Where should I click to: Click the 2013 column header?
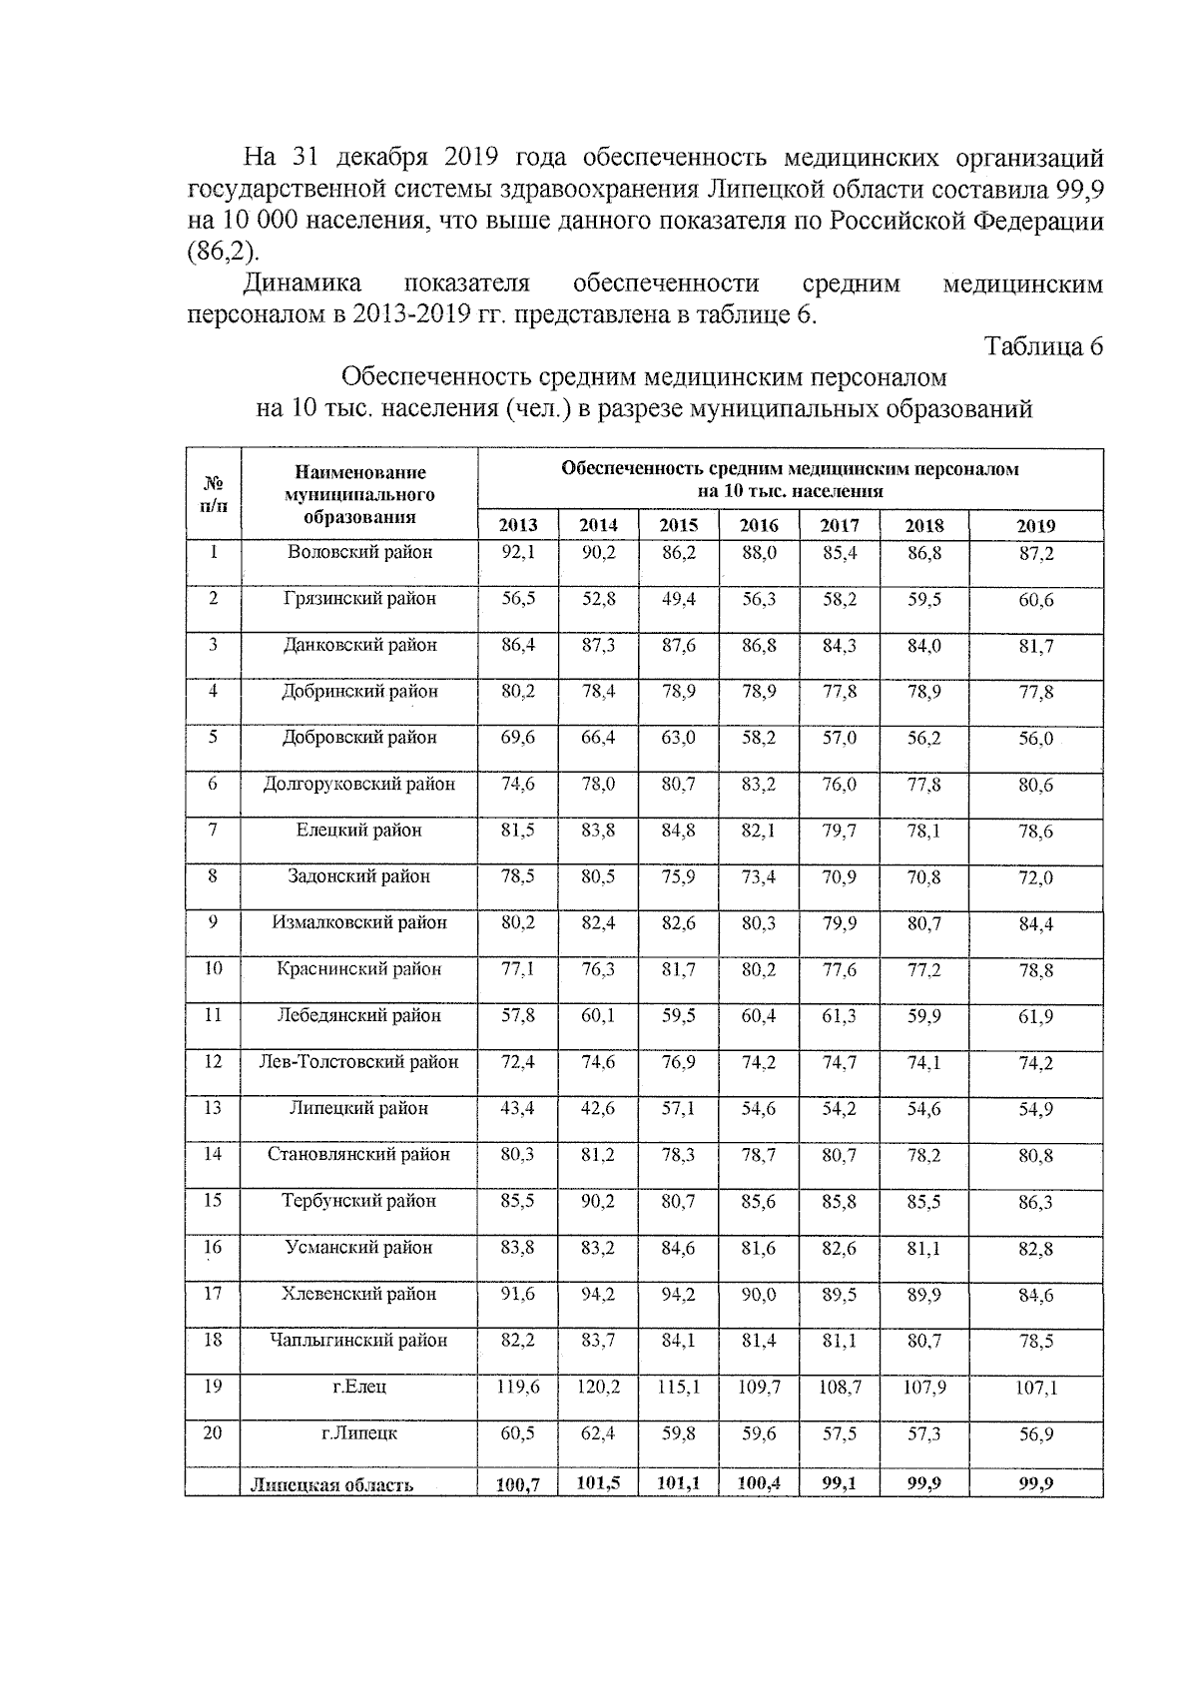(518, 526)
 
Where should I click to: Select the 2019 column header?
(1035, 526)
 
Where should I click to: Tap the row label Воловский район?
(359, 552)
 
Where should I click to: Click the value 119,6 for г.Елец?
(518, 1387)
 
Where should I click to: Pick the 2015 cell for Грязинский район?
(678, 599)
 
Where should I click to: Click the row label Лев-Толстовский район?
(359, 1062)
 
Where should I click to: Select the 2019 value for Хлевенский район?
(1035, 1296)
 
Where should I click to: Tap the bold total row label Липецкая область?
(332, 1484)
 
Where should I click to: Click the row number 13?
(213, 1108)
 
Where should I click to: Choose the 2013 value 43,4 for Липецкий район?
(518, 1108)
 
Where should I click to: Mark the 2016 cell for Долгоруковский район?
(759, 785)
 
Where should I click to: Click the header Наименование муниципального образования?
(359, 494)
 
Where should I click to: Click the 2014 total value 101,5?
(598, 1483)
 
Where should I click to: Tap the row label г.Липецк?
(359, 1433)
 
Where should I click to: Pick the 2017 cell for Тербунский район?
(840, 1201)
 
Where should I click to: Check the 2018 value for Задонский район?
(923, 877)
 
